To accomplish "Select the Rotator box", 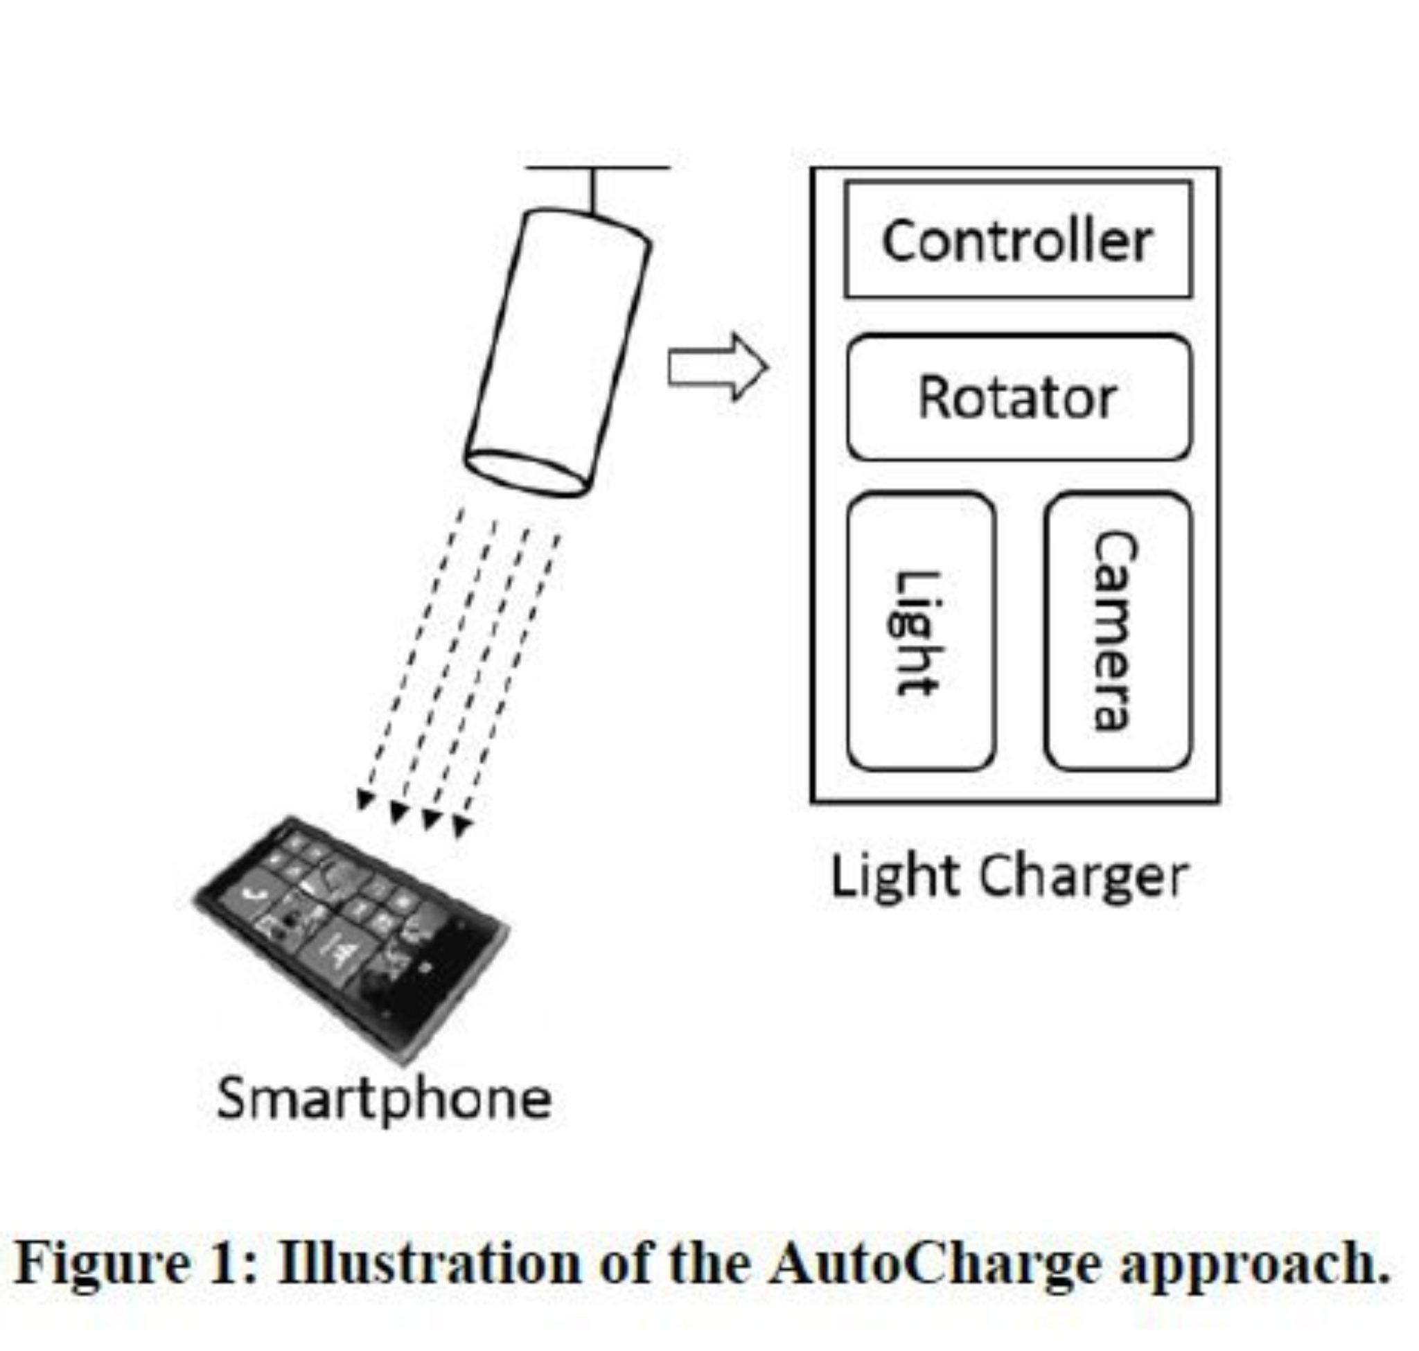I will tap(1017, 397).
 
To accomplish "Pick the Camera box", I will tap(1116, 632).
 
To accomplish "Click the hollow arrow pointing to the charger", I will tap(716, 367).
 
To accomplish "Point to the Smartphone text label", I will tap(383, 1099).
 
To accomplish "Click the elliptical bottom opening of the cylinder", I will tap(526, 473).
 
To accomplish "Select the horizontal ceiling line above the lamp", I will tap(598, 168).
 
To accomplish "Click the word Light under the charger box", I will tap(895, 877).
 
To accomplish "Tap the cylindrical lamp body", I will tap(558, 346).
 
